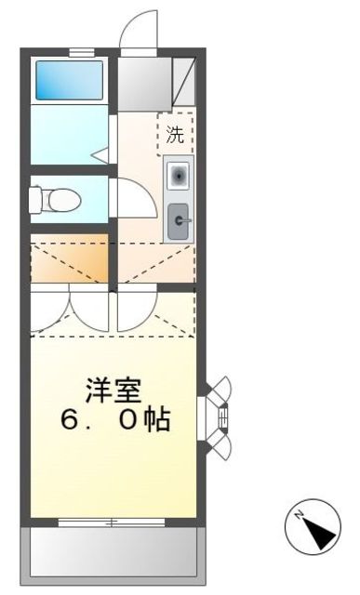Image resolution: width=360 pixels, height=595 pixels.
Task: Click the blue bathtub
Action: pos(70,82)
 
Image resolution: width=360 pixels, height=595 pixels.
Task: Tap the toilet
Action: pos(58,199)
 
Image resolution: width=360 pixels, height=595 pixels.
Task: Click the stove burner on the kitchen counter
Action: pos(178,175)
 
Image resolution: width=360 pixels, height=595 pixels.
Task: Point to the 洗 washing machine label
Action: pos(175,133)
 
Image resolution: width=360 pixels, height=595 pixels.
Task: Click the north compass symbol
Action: pos(311,530)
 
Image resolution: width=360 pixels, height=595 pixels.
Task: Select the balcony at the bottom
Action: pos(112,552)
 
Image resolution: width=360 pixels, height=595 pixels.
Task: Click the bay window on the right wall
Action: pos(220,418)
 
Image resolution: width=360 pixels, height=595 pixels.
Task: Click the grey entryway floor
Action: pos(144,83)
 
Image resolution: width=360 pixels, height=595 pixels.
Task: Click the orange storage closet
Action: pos(70,262)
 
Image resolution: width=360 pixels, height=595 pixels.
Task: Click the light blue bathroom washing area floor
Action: pos(70,135)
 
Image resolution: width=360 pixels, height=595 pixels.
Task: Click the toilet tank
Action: pos(37,199)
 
